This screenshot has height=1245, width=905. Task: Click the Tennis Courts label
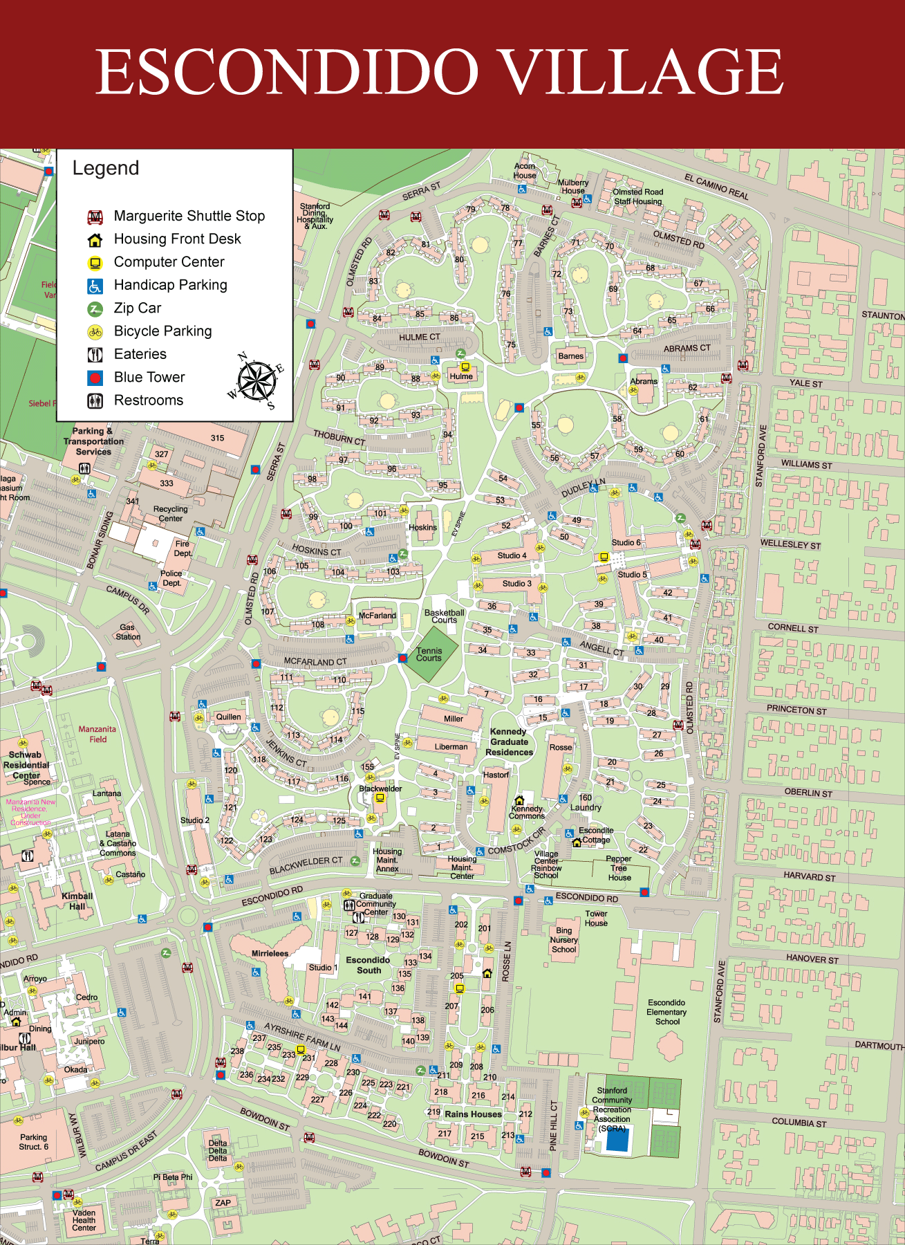coord(429,654)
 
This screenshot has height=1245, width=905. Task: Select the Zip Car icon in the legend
coord(95,308)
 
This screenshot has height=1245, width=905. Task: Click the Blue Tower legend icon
coord(95,378)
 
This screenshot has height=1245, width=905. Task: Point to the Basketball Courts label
coord(444,616)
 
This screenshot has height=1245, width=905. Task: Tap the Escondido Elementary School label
coord(666,1012)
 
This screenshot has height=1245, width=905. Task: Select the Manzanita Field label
coord(97,734)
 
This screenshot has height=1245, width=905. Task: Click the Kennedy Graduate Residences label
coord(509,741)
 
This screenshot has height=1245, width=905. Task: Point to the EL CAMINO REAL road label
coord(716,187)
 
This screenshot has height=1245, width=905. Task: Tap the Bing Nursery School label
coord(563,940)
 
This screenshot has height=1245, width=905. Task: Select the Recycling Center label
coord(170,513)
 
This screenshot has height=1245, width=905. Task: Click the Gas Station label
coord(127,632)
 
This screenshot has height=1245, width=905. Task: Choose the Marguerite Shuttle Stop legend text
coord(189,216)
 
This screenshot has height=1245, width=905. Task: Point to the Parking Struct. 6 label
coord(33,1142)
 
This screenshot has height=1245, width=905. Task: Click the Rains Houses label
coord(473,1114)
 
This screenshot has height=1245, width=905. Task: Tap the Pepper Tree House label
coord(619,868)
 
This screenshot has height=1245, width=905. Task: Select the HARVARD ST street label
coord(809,876)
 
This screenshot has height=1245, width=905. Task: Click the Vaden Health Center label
coord(84,1220)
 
